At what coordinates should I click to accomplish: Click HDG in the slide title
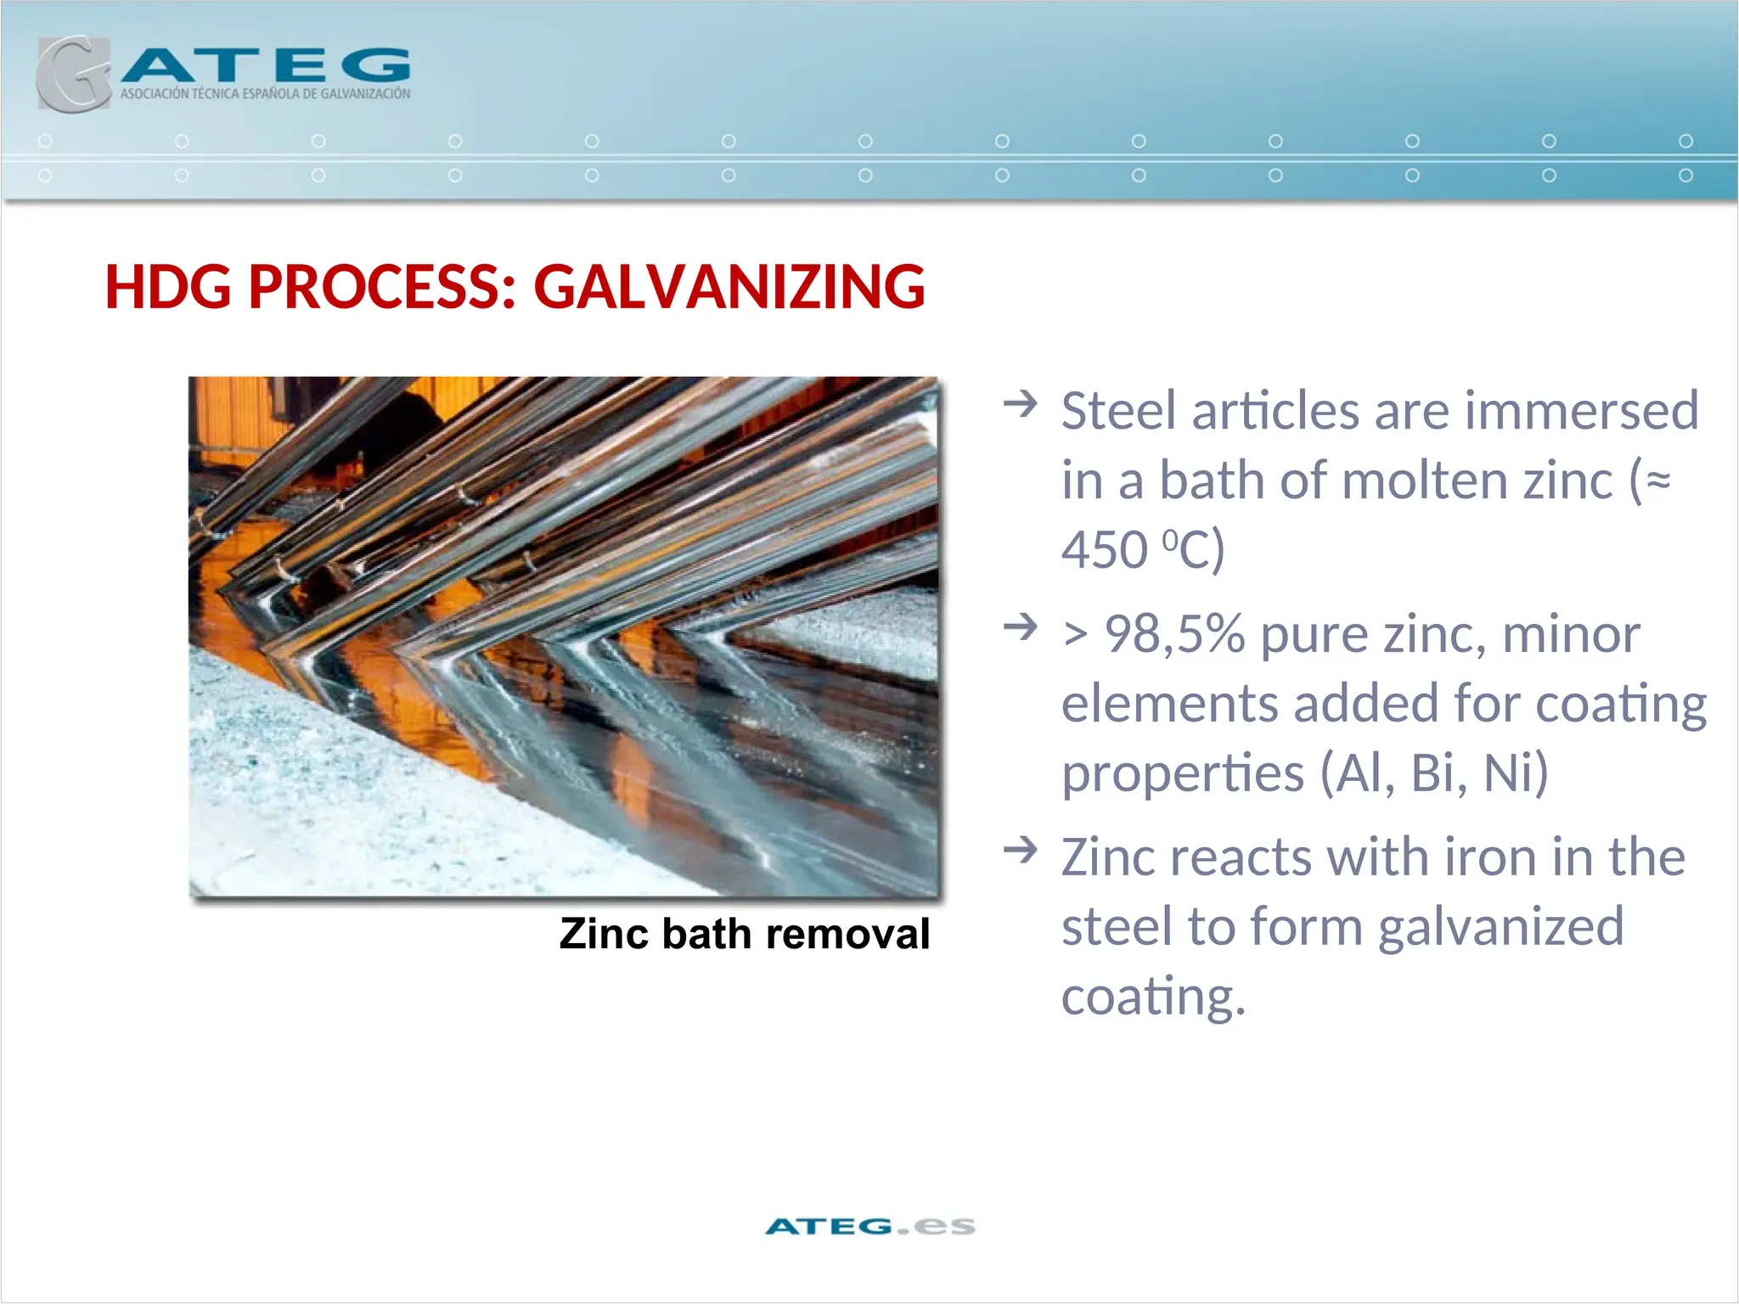(x=167, y=287)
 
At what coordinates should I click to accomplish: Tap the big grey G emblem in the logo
(x=73, y=75)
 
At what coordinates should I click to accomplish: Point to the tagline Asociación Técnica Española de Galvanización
(x=265, y=94)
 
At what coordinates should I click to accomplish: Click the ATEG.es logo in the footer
(x=869, y=1226)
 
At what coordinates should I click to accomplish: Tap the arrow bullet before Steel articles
(x=1020, y=403)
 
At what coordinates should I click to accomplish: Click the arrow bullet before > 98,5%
(x=1020, y=627)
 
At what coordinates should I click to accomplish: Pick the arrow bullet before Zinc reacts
(x=1020, y=849)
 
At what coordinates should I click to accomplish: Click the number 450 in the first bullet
(x=1104, y=550)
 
